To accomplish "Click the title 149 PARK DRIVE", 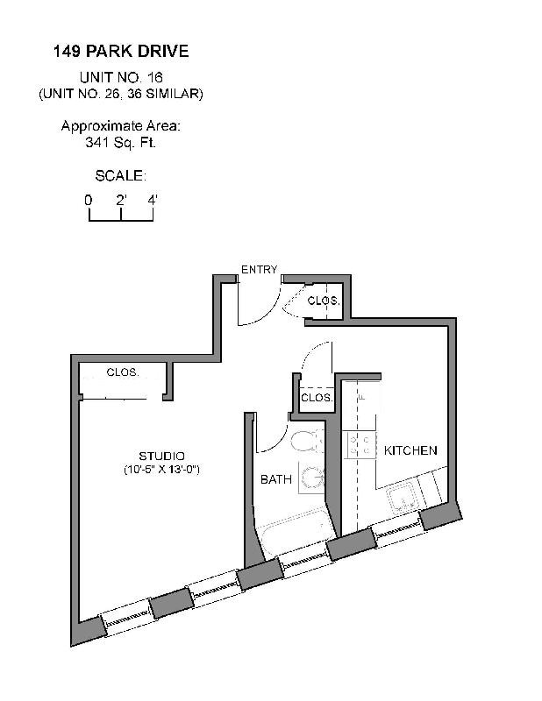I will point(121,52).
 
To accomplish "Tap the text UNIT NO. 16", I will point(121,78).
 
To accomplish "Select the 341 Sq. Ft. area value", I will point(121,142).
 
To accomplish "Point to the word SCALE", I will point(120,175).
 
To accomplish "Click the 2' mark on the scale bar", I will point(122,200).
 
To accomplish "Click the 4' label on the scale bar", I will point(153,200).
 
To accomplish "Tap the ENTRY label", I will point(259,270).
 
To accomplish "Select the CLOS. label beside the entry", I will point(323,301).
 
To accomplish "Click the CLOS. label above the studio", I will point(122,372).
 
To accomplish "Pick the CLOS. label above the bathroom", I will point(316,398).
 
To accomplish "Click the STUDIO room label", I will point(161,456).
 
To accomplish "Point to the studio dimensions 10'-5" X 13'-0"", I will point(161,471).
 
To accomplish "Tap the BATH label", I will point(275,479).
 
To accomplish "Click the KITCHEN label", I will point(410,450).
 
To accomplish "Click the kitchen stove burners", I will point(358,445).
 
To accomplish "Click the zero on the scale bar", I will point(89,200).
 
